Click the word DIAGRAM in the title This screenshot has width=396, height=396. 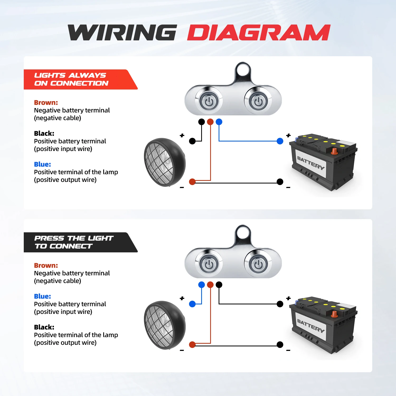pos(259,33)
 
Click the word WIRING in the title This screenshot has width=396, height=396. pos(122,33)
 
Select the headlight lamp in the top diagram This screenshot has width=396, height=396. pos(164,162)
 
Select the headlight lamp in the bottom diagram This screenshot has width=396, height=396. pos(164,325)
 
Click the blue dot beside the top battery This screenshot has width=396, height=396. pos(280,141)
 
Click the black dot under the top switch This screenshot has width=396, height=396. pos(201,122)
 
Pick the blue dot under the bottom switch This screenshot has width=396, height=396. pos(201,285)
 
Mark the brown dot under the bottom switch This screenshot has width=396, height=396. pos(210,285)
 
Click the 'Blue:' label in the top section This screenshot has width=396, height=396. pos(43,164)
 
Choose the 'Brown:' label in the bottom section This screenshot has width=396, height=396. pos(46,265)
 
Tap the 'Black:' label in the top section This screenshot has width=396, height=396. pos(44,133)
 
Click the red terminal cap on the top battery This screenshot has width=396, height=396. pos(334,151)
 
